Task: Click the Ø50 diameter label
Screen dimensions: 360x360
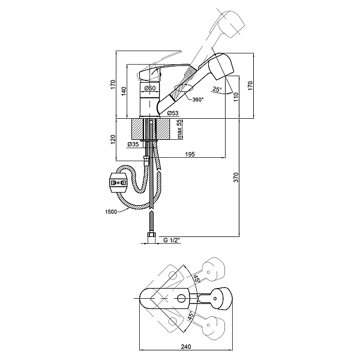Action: [x=150, y=88]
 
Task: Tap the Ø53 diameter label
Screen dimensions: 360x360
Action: [x=173, y=113]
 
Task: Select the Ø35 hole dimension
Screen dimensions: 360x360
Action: [x=133, y=144]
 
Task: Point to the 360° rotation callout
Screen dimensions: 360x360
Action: [x=198, y=100]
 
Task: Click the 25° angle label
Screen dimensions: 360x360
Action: [x=217, y=89]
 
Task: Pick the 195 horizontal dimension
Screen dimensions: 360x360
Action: [x=190, y=154]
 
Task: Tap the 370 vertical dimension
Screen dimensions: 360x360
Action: [x=236, y=177]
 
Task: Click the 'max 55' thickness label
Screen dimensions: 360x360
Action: [x=179, y=129]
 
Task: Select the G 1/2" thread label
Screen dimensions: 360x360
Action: [x=172, y=240]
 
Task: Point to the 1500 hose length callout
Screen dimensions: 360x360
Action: [x=111, y=211]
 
